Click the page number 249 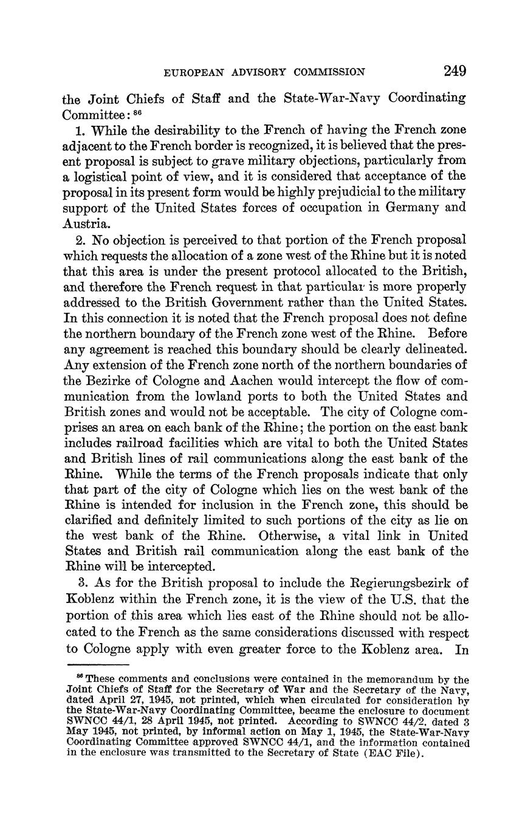[454, 71]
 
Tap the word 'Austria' [83, 223]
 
